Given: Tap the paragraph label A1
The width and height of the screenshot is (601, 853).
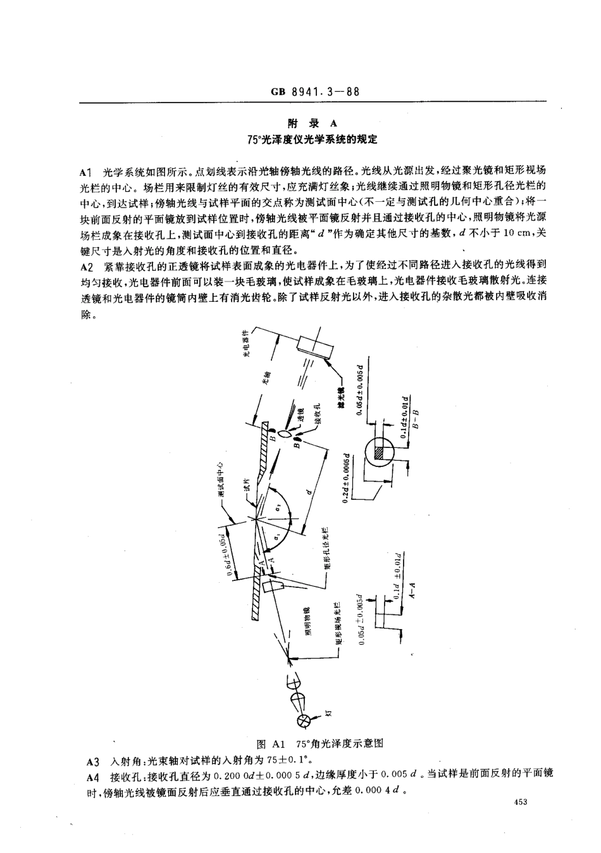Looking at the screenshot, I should point(87,171).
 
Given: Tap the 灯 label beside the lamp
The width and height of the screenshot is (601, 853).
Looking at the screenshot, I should point(329,713).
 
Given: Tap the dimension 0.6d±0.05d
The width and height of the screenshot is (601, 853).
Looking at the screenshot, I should point(228,549).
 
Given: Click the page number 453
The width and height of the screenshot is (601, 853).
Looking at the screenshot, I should point(521,802).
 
